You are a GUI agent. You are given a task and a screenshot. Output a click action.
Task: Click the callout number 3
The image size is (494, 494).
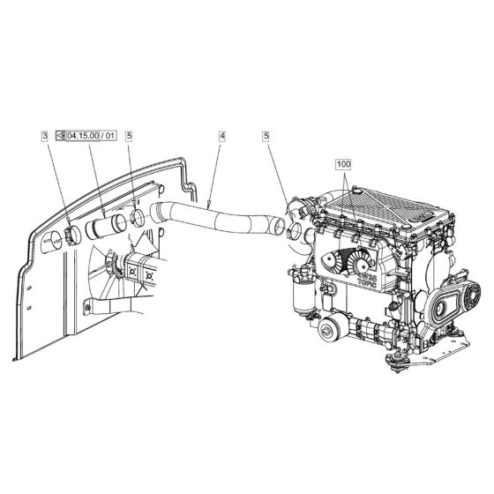click(45, 136)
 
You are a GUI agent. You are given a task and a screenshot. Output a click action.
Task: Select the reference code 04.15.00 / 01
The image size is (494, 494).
click(91, 136)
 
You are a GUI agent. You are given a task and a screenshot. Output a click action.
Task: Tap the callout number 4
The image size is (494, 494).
click(221, 136)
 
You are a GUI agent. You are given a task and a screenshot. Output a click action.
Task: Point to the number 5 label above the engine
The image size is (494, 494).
click(266, 136)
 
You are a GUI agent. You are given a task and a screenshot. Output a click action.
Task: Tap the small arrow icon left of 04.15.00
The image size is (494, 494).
click(61, 136)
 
